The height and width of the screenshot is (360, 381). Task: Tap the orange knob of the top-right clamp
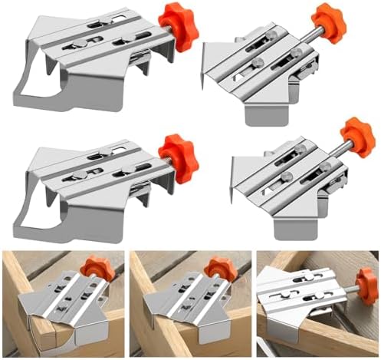click(x=329, y=23)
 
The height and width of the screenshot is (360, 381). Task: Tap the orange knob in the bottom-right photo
click(x=366, y=286)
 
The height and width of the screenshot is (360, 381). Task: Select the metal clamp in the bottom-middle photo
click(x=188, y=303)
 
